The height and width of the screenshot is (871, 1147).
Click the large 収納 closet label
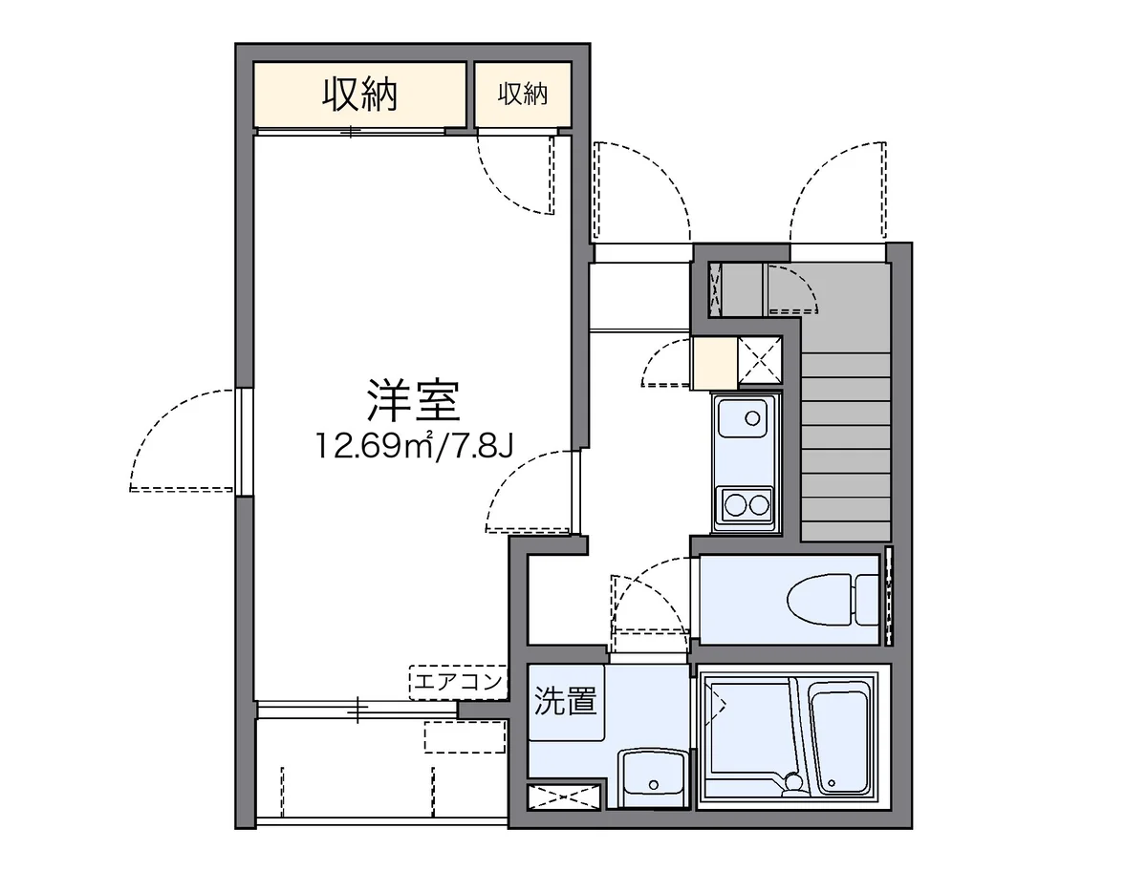[x=359, y=94]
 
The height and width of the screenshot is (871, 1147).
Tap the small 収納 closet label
[x=522, y=94]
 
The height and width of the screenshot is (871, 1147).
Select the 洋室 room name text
[x=414, y=401]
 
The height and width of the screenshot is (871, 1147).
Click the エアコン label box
[x=457, y=682]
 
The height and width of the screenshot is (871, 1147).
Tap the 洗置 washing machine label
[x=566, y=702]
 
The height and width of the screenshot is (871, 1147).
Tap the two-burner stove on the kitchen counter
[x=747, y=502]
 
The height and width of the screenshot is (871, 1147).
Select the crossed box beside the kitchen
[x=760, y=363]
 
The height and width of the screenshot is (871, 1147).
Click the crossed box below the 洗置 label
[x=563, y=797]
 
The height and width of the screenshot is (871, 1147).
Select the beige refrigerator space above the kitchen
[x=714, y=363]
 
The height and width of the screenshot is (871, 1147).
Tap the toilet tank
[x=867, y=599]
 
